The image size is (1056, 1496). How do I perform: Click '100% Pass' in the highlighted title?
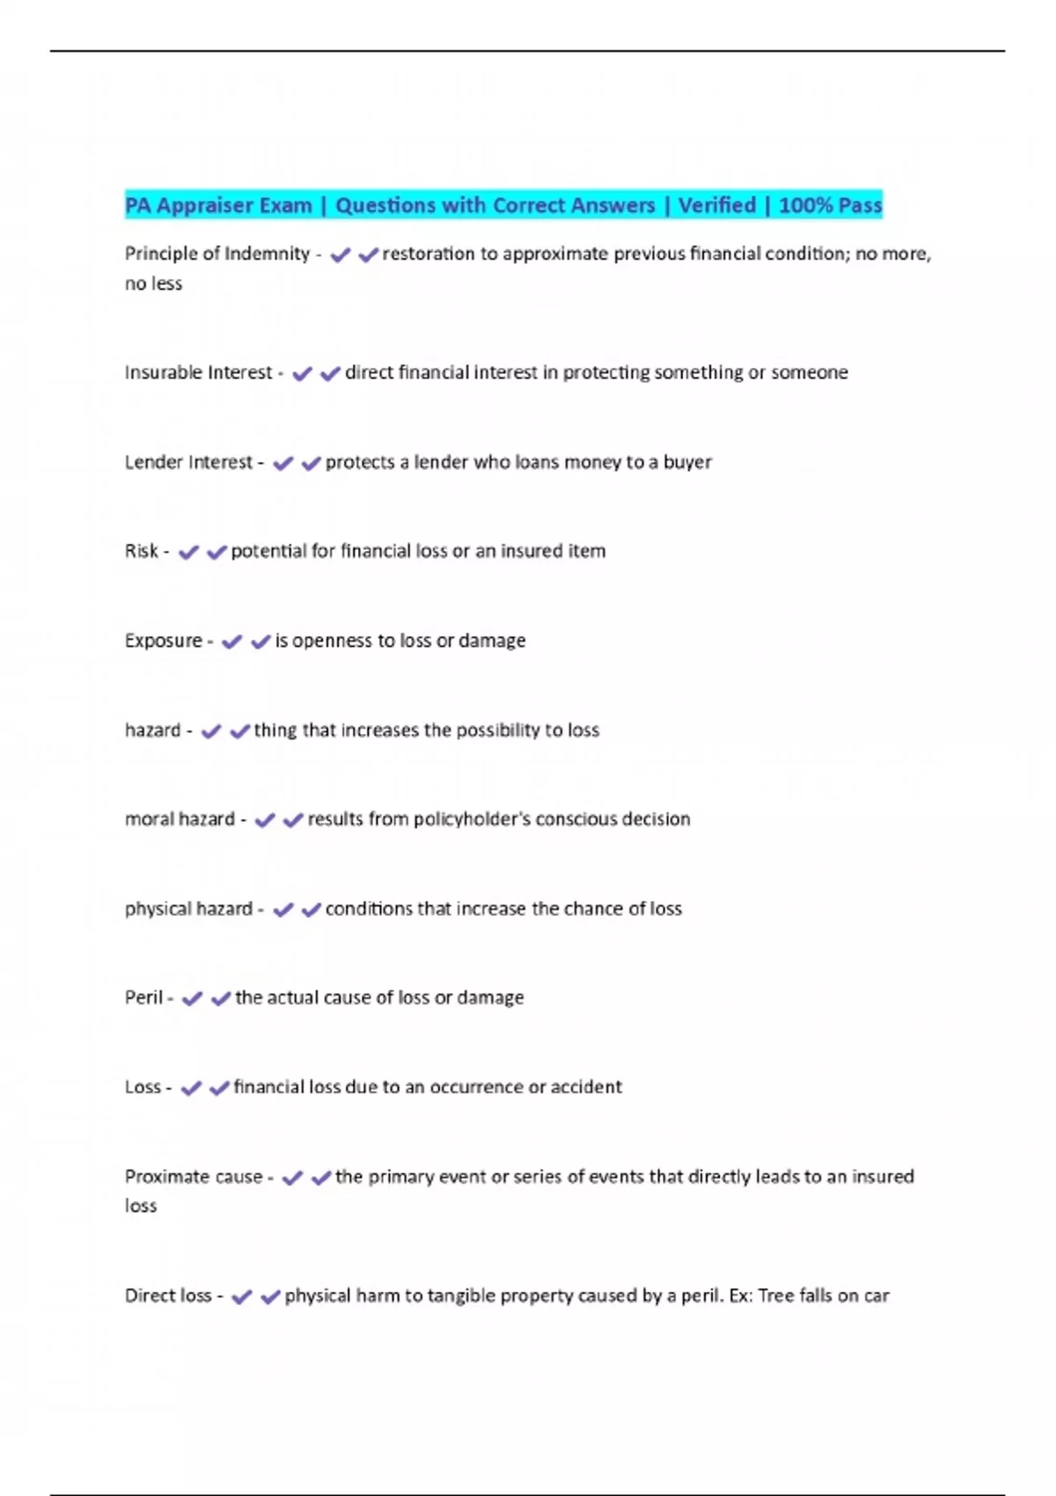[x=830, y=205]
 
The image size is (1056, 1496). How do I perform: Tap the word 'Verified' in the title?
[x=716, y=205]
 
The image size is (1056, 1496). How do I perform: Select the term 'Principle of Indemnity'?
[x=216, y=253]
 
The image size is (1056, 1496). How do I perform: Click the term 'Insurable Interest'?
[x=198, y=372]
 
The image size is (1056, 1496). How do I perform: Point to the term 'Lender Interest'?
[x=188, y=462]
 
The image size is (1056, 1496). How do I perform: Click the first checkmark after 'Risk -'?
[x=188, y=553]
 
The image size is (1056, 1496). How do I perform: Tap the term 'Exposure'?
[x=163, y=641]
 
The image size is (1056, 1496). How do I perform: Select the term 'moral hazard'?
[x=180, y=819]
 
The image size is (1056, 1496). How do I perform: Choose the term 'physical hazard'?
[x=188, y=909]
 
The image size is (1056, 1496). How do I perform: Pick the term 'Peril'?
[x=143, y=998]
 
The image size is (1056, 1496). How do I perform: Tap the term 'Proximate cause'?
[x=194, y=1177]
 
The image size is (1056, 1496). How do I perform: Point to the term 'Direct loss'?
[x=168, y=1295]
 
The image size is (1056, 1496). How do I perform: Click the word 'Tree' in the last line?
[x=776, y=1295]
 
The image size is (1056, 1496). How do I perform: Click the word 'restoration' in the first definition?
[x=429, y=253]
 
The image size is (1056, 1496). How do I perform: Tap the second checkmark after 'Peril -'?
[x=221, y=999]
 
